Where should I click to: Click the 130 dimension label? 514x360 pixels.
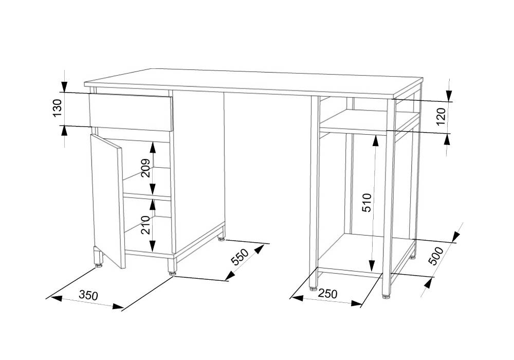coord(57,108)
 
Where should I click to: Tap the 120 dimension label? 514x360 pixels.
coord(442,116)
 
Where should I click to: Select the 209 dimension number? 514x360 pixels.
coord(146,168)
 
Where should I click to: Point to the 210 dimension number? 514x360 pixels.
coord(146,225)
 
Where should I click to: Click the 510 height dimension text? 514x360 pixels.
coord(368,203)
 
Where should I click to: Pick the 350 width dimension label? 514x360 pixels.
coord(88,295)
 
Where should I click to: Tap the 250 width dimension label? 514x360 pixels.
coord(327,294)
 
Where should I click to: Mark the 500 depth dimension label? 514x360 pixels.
coord(436,256)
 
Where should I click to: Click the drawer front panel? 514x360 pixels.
coord(131,113)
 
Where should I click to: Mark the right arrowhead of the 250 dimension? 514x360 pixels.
coord(356,303)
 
